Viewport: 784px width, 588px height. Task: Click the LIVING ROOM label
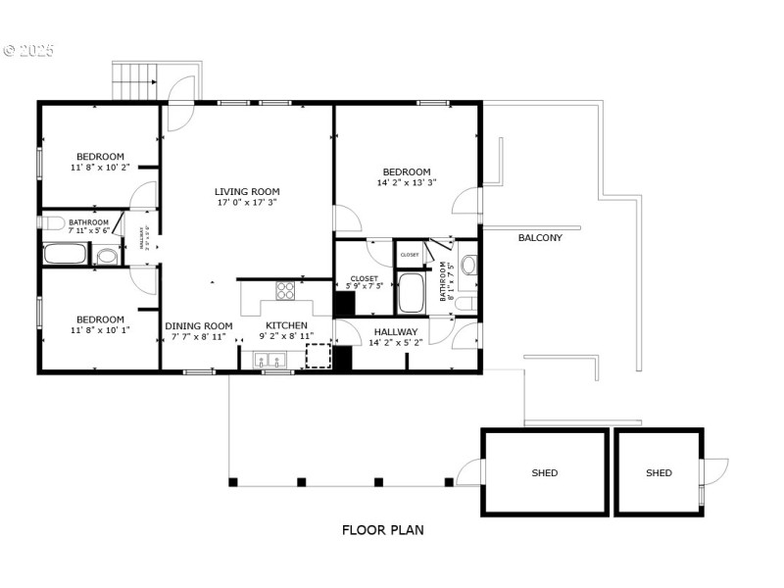point(247,192)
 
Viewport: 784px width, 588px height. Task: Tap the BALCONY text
point(540,237)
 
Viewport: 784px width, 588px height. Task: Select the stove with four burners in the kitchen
point(285,290)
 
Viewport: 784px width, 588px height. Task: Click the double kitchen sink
point(268,362)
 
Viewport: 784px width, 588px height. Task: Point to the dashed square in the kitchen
point(319,355)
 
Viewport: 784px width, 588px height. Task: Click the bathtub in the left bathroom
point(67,254)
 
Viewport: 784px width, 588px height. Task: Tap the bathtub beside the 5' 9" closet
point(412,291)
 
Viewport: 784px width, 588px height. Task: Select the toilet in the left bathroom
point(52,222)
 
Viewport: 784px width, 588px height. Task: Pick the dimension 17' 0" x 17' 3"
point(247,204)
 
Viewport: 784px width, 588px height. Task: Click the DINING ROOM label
point(199,326)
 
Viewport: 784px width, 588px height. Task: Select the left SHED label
point(545,473)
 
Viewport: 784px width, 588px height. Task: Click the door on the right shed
point(715,472)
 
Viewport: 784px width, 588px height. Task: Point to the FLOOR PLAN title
point(382,530)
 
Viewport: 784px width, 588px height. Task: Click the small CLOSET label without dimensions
point(410,255)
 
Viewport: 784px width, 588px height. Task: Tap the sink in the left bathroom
point(107,257)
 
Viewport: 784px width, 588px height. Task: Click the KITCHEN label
point(286,325)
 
